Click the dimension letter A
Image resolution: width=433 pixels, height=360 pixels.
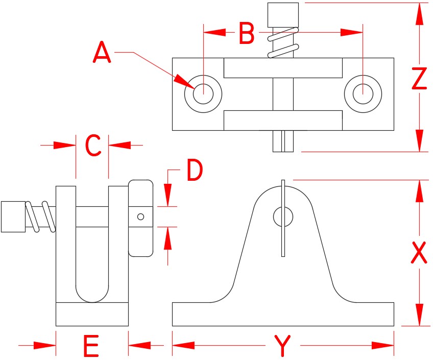coord(102,54)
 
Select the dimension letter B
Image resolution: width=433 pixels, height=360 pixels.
coord(247,34)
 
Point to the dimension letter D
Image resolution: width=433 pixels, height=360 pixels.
coord(194,171)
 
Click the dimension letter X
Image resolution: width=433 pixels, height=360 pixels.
coord(419,252)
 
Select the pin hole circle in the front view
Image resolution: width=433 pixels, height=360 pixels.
coord(283,217)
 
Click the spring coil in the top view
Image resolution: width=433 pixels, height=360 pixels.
coord(283,44)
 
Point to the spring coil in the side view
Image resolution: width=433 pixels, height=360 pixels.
coord(40,217)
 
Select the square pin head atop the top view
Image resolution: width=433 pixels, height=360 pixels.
coord(283,14)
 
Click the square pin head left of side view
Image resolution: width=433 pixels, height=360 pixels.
coord(13,217)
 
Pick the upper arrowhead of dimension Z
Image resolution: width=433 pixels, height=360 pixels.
coord(419,14)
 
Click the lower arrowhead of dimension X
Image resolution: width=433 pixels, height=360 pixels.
coord(419,314)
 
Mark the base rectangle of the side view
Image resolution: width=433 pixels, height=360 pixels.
coord(92,314)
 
